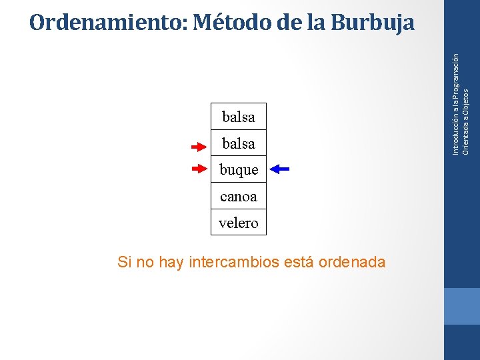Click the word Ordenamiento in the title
(x=108, y=23)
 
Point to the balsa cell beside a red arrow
(x=239, y=143)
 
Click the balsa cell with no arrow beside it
(x=239, y=117)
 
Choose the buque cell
(x=239, y=170)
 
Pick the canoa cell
(x=239, y=197)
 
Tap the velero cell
(x=239, y=223)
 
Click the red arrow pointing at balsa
(x=199, y=146)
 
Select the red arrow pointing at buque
(x=199, y=169)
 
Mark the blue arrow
(x=281, y=169)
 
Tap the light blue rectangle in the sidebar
(x=462, y=306)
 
